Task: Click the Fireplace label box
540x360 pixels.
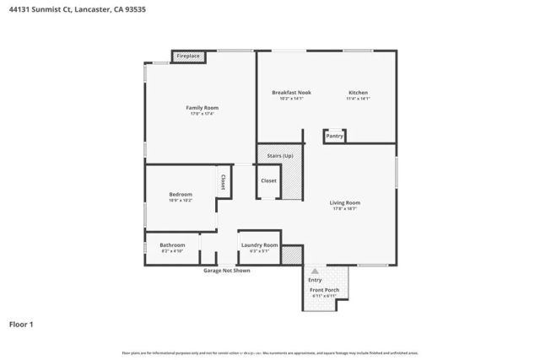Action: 188,56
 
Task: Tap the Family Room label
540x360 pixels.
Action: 202,108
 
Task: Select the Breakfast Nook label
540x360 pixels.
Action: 291,92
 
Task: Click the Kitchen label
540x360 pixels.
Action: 359,92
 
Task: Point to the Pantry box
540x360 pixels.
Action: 334,135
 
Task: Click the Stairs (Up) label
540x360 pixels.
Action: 280,156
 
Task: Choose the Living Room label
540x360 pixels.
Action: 345,202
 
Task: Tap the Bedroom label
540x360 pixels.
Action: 181,195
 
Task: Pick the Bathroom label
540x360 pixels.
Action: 172,245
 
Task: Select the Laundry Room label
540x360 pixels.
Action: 259,245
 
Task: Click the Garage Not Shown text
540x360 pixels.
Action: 226,271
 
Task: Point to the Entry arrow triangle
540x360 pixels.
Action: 315,271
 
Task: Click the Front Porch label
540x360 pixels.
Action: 324,290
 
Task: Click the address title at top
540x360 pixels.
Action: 73,9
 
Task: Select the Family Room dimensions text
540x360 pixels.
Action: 202,115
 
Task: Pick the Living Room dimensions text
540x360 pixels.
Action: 345,209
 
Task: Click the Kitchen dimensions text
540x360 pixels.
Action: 359,99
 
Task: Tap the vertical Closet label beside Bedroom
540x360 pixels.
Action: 223,181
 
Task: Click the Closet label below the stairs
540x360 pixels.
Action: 268,180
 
